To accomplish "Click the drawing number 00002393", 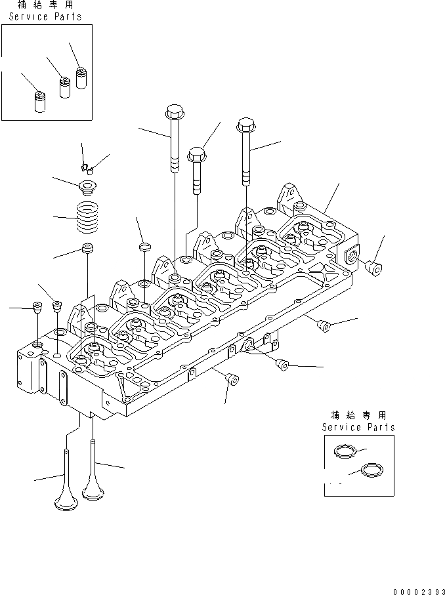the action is coord(419,591).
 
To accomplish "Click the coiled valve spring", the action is coord(87,217).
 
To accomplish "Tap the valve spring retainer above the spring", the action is coord(87,188).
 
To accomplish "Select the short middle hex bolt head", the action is coord(197,154).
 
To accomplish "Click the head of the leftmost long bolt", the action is coord(175,111).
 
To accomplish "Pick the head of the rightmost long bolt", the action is coord(245,125).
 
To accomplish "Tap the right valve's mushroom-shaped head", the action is coord(93,491).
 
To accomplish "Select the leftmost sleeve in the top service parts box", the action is coord(40,101).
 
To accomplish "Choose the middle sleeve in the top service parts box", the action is coord(65,88).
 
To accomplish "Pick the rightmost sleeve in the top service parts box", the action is coord(81,78).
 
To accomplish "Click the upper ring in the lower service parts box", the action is coord(345,451).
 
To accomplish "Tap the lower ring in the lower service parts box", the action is coord(371,470).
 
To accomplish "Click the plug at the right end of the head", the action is coord(373,268).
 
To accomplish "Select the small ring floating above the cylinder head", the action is coord(144,247).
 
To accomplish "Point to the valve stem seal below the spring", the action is coord(88,249).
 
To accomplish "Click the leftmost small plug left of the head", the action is coord(37,308).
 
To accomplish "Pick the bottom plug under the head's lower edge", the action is coord(232,379).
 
